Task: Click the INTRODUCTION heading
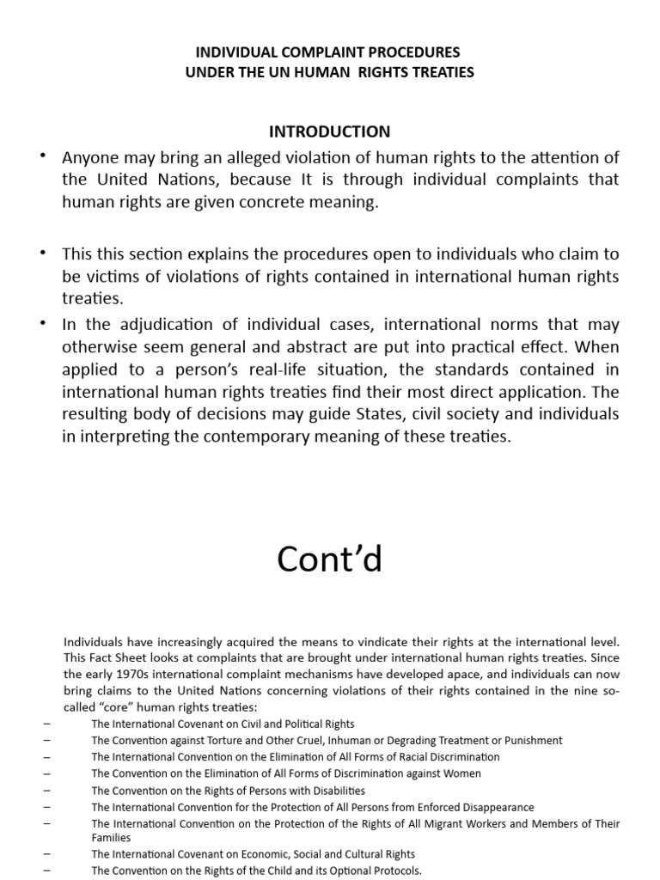pyautogui.click(x=329, y=131)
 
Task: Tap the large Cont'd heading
pyautogui.click(x=329, y=559)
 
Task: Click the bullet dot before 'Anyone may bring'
pyautogui.click(x=43, y=156)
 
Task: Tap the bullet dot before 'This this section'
pyautogui.click(x=43, y=253)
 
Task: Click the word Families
pyautogui.click(x=112, y=838)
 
